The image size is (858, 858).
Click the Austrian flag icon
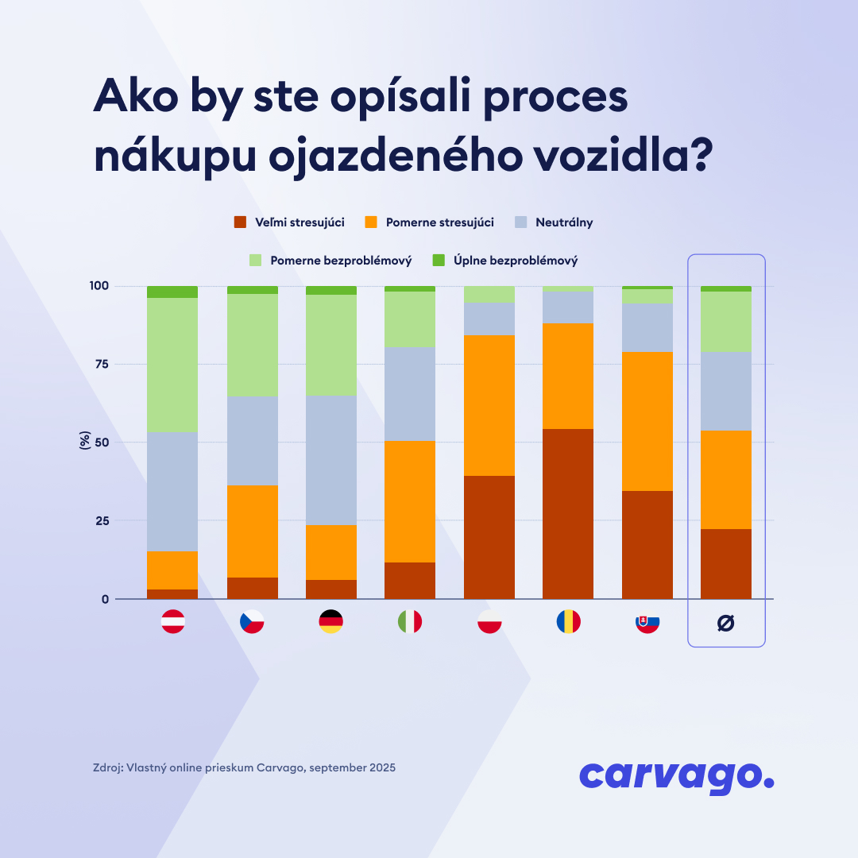pyautogui.click(x=173, y=621)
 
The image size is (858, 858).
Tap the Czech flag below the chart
pyautogui.click(x=252, y=621)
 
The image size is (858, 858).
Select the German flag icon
pyautogui.click(x=331, y=621)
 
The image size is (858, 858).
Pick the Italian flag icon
pyautogui.click(x=410, y=621)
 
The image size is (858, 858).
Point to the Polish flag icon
pyautogui.click(x=489, y=621)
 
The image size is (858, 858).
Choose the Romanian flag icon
pyautogui.click(x=568, y=621)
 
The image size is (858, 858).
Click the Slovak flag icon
pyautogui.click(x=647, y=621)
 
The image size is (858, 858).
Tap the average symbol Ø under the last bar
pyautogui.click(x=726, y=623)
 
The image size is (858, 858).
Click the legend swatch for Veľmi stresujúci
pyautogui.click(x=240, y=222)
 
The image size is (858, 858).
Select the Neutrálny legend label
pyautogui.click(x=564, y=222)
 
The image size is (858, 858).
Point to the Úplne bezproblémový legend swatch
pyautogui.click(x=439, y=260)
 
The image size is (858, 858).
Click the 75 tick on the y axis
pyautogui.click(x=102, y=364)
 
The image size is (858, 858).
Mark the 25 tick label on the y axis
pyautogui.click(x=102, y=520)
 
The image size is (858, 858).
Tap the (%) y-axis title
pyautogui.click(x=84, y=440)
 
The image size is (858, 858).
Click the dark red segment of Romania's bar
pyautogui.click(x=568, y=514)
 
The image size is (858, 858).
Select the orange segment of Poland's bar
pyautogui.click(x=489, y=405)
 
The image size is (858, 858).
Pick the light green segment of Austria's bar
pyautogui.click(x=172, y=365)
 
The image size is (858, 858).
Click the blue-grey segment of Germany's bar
pyautogui.click(x=331, y=460)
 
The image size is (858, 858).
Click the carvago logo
pyautogui.click(x=677, y=776)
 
